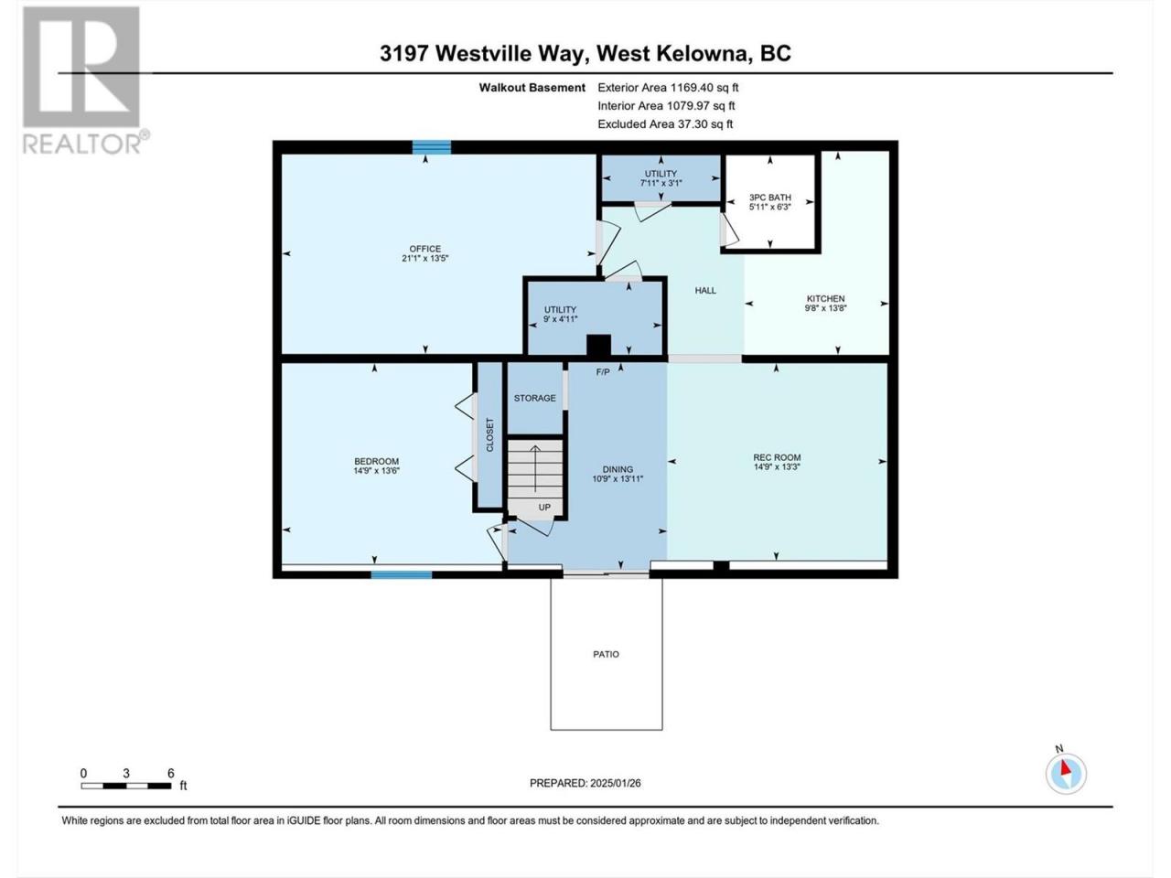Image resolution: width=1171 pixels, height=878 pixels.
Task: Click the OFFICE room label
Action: (424, 249)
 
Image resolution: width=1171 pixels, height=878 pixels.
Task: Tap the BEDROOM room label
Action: (376, 461)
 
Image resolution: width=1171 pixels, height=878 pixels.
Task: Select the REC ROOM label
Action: (776, 457)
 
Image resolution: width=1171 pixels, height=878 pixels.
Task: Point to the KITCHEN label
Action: (825, 298)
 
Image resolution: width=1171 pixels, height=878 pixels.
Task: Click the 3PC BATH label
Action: (769, 198)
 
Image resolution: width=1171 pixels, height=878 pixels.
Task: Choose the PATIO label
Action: (606, 654)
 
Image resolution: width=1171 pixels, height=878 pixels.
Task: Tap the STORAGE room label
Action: (534, 398)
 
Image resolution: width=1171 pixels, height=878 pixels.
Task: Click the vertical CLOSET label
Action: (489, 434)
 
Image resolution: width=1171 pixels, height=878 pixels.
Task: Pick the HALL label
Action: (704, 290)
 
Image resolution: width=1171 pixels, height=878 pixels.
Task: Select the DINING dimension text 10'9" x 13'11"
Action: (618, 478)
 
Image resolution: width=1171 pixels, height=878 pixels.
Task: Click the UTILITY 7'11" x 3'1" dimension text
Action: (661, 182)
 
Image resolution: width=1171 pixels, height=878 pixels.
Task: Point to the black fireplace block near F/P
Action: (598, 345)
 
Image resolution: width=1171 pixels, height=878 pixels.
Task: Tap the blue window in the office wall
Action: (431, 147)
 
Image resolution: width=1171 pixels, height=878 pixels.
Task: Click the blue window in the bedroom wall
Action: (402, 574)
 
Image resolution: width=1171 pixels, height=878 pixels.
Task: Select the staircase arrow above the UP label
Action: (534, 467)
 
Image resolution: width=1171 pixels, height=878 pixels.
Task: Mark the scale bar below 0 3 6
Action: (126, 786)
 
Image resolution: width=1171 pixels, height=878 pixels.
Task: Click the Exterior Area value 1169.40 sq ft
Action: (704, 88)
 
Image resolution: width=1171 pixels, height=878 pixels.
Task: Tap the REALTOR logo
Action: (85, 80)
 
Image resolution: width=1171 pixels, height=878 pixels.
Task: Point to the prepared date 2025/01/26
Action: (615, 783)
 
